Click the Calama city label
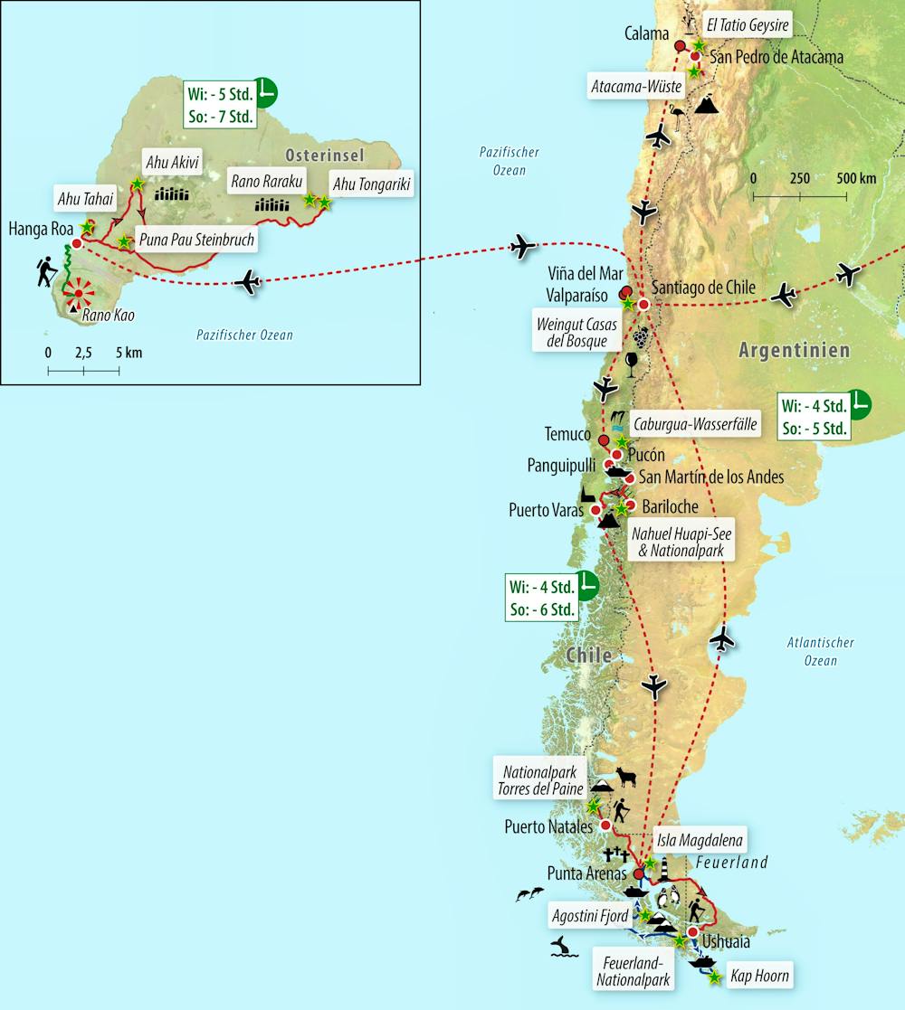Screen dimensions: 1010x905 point(647,33)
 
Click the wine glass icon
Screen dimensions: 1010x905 point(631,363)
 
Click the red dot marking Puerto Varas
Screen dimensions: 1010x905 point(595,510)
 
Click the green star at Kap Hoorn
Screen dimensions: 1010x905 point(715,977)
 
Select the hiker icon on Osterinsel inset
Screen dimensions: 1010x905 point(45,271)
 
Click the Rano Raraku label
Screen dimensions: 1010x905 point(265,179)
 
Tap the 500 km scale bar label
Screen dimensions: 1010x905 point(854,178)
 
